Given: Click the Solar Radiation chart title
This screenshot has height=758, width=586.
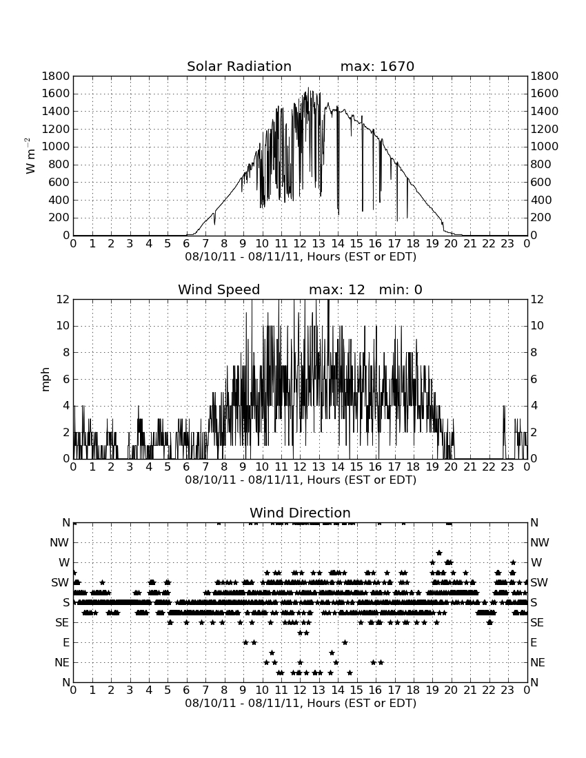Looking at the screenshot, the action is (239, 66).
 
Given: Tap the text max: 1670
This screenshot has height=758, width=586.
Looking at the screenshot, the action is (377, 66).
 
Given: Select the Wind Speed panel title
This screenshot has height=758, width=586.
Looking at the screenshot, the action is (219, 289).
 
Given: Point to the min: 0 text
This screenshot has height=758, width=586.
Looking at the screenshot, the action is (401, 289).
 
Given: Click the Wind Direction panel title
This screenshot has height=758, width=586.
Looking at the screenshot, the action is (300, 513).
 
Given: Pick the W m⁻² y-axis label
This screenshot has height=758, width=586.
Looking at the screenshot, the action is (30, 156).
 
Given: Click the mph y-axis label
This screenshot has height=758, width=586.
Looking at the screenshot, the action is (46, 379).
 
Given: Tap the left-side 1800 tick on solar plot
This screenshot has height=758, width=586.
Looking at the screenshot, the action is (56, 76).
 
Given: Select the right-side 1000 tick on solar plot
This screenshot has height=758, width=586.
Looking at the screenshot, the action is (545, 147).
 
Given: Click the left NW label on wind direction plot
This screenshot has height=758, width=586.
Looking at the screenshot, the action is (59, 542).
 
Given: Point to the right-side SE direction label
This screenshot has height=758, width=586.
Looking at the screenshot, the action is (537, 623).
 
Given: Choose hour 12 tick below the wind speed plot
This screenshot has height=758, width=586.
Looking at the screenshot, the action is (300, 467).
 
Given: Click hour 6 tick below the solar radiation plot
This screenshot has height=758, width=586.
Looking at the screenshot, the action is (187, 243).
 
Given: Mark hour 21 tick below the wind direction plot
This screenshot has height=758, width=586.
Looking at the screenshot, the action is (470, 690).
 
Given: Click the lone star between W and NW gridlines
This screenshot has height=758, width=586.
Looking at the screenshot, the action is (439, 553).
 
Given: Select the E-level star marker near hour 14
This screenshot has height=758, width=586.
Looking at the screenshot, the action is (345, 642).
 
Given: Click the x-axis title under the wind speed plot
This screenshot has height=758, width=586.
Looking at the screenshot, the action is (301, 480).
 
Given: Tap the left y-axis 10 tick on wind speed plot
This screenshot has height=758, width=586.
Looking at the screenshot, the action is (63, 326).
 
